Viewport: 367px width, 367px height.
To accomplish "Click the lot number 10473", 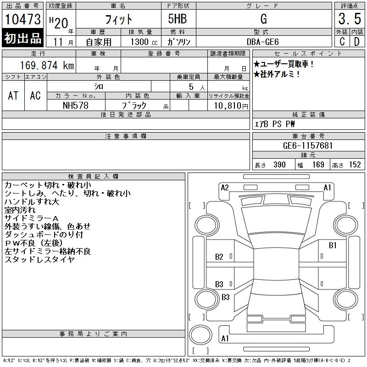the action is click(x=22, y=20).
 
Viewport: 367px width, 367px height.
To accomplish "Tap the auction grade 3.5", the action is click(x=348, y=19).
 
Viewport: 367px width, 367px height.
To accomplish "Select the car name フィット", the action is click(x=118, y=19).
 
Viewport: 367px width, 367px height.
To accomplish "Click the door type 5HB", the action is click(x=179, y=19).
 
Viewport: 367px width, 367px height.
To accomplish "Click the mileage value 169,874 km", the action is click(x=46, y=65).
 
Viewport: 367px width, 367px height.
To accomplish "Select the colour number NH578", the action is click(x=76, y=106).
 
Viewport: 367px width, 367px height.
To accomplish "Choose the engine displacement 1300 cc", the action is click(x=140, y=42).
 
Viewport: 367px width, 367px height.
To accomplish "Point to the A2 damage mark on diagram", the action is click(x=225, y=188).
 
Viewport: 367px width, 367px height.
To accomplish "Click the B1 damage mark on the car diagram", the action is click(x=333, y=245).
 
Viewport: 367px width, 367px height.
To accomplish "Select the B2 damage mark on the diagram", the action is click(x=219, y=257).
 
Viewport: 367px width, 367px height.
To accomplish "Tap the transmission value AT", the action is click(x=13, y=95).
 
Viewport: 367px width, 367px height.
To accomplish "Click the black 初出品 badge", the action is click(x=22, y=38).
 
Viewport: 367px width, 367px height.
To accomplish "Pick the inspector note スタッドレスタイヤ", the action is click(x=39, y=260).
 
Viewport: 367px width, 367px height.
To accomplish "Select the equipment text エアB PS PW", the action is click(x=275, y=124).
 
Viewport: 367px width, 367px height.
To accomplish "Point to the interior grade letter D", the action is click(x=356, y=42).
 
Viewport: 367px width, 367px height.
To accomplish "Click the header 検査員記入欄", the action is click(x=94, y=176).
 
